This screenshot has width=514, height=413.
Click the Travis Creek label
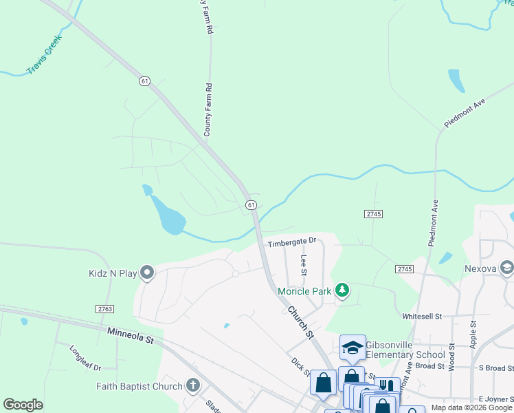[x=45, y=55]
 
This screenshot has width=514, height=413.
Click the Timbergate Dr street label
[x=291, y=242]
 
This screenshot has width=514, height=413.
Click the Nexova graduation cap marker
[x=507, y=266]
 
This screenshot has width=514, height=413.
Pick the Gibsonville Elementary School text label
[x=405, y=350]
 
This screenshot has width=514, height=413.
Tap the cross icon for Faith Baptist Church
[x=193, y=385]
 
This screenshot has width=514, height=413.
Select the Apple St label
[x=473, y=332]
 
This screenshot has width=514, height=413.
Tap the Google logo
[x=23, y=405]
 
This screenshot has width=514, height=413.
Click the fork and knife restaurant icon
[x=387, y=387]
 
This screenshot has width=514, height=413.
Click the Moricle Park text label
[x=304, y=291]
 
